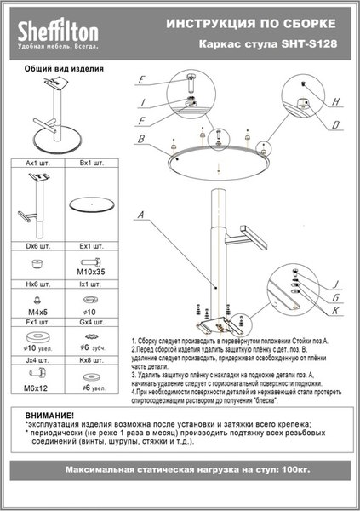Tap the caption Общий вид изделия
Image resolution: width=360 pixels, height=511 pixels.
[x=59, y=69]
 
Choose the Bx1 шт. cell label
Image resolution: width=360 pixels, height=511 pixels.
[x=91, y=161]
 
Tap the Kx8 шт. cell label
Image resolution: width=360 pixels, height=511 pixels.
[x=91, y=361]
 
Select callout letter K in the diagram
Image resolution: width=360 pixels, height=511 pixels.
[x=337, y=313]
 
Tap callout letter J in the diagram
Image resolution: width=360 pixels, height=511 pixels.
[x=337, y=284]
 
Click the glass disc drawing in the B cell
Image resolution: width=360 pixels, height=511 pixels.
[x=91, y=204]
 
